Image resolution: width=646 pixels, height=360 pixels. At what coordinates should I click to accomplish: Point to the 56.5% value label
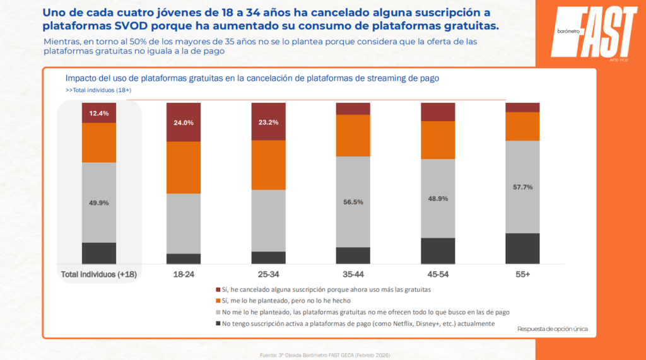353,202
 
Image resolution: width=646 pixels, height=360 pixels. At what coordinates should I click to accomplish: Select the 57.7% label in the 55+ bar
522,187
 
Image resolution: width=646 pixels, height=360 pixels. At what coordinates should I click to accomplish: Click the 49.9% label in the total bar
99,203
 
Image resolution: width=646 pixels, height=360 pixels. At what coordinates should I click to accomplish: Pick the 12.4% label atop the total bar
99,113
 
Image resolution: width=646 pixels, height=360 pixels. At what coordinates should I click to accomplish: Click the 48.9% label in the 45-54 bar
438,199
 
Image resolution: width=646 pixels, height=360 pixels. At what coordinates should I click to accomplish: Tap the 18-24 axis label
184,274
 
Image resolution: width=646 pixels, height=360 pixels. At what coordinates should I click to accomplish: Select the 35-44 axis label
353,274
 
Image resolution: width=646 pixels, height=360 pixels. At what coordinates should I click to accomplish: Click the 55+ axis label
522,274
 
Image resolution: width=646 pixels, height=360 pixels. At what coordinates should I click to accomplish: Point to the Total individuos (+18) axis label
99,274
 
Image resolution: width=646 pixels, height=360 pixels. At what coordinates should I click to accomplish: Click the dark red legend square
218,289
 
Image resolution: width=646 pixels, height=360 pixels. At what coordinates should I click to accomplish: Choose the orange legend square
218,301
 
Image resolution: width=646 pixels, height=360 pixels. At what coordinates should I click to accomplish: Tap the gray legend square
218,312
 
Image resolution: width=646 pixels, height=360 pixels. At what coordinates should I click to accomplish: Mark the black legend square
218,323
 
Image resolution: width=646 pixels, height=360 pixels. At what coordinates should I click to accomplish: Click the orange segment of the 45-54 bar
438,140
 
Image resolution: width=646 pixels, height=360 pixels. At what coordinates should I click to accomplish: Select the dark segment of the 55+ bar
522,248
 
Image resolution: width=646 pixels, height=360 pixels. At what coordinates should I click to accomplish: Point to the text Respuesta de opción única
552,328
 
